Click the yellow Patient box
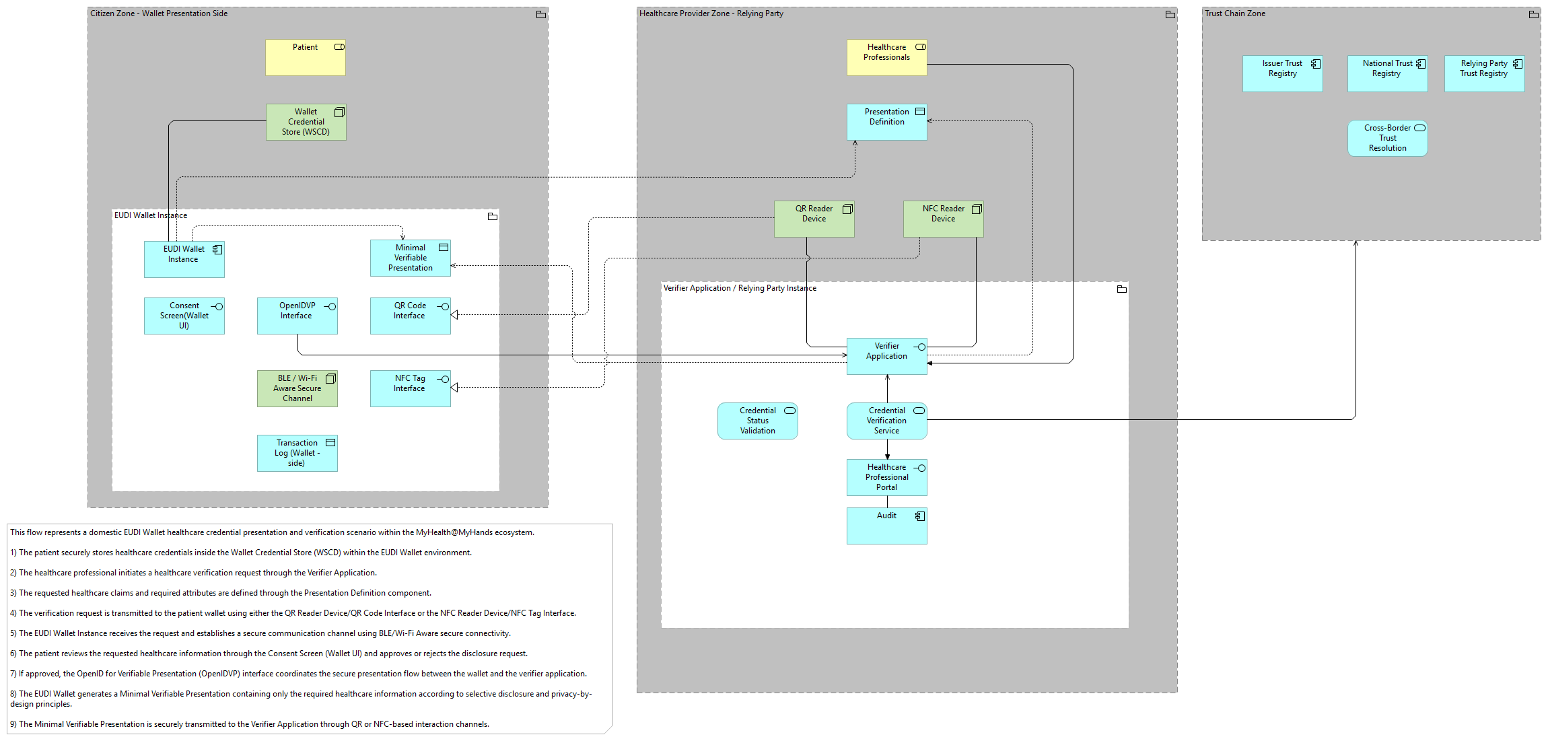(305, 57)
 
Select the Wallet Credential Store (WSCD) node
(306, 122)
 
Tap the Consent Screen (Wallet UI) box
(184, 316)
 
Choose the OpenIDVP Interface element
(297, 316)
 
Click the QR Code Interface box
(411, 316)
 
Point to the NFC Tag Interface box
(411, 388)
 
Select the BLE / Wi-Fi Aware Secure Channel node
(297, 388)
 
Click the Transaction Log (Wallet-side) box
(297, 453)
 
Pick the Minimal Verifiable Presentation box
(411, 258)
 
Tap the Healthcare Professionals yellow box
(887, 57)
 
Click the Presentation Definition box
(887, 122)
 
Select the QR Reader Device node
(814, 219)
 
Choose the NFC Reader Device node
(944, 219)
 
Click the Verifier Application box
(887, 356)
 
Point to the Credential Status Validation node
(758, 421)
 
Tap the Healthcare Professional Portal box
(887, 477)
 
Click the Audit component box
(887, 526)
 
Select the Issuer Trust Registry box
(1283, 73)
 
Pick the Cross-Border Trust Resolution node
(1388, 138)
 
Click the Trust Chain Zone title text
(1235, 13)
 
